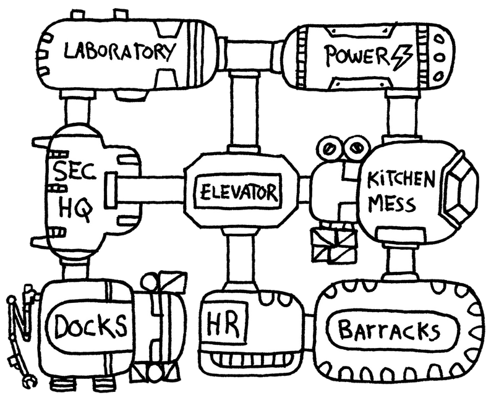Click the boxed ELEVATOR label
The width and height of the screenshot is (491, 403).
coord(237,192)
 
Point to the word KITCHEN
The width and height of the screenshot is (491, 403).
coord(401,180)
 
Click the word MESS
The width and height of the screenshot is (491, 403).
coord(393,204)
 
